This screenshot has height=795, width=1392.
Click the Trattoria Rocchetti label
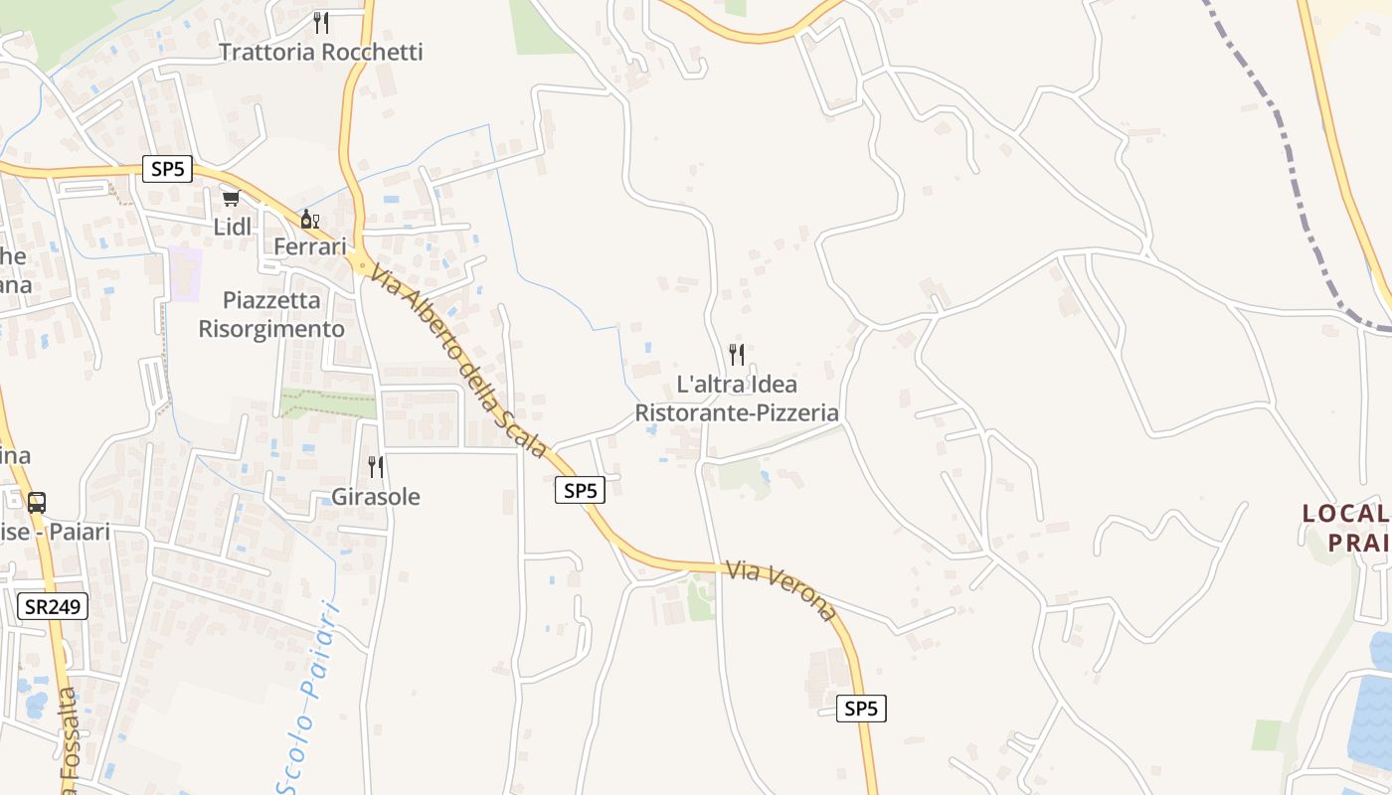click(320, 52)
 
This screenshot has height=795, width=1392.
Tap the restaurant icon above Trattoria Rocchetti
click(320, 22)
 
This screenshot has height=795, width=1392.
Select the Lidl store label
click(233, 227)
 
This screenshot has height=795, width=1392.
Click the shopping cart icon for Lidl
click(232, 199)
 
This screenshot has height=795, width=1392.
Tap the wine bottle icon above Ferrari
click(310, 219)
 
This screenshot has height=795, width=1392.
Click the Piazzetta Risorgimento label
click(271, 314)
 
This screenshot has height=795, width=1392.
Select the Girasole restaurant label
click(376, 497)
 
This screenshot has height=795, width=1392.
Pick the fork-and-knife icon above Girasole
click(376, 467)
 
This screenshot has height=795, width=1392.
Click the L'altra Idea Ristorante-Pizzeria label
click(737, 398)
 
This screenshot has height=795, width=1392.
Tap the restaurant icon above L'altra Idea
click(737, 354)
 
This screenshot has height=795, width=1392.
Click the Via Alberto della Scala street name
click(458, 359)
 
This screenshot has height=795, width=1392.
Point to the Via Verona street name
click(782, 590)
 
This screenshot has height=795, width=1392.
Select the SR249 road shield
click(53, 606)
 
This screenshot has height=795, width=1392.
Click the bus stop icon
click(37, 503)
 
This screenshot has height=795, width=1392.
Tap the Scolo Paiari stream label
click(307, 696)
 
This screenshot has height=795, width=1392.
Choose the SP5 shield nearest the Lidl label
click(167, 169)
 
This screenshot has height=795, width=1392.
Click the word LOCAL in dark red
click(1345, 514)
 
